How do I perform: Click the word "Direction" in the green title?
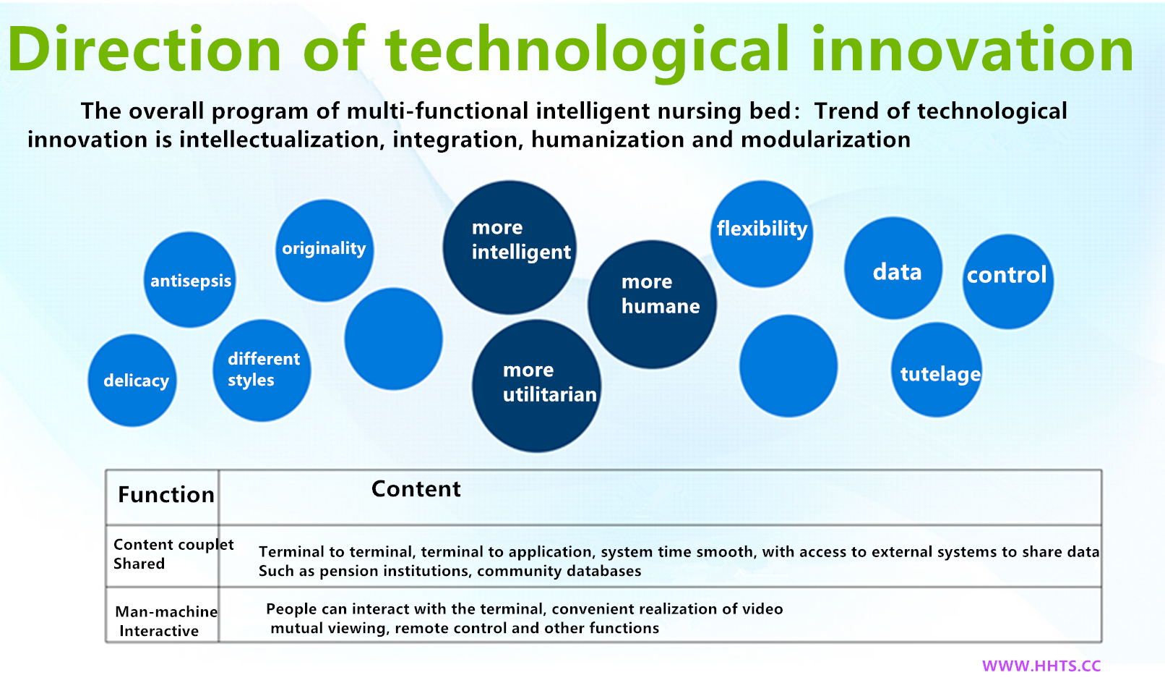(x=144, y=49)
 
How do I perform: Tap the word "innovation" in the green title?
(x=972, y=49)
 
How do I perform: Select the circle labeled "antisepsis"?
(x=190, y=280)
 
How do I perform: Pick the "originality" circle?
(x=324, y=250)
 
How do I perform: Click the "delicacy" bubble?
(x=133, y=381)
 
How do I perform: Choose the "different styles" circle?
(x=262, y=370)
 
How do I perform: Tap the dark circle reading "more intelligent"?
(x=510, y=247)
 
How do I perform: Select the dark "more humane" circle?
(x=652, y=305)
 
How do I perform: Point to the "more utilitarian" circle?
(x=537, y=386)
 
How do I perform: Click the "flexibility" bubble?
(x=762, y=234)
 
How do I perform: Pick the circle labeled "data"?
(x=893, y=268)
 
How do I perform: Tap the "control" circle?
(x=1008, y=281)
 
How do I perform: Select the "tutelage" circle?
(x=937, y=370)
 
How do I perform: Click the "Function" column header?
(x=166, y=495)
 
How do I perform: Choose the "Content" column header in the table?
(x=416, y=489)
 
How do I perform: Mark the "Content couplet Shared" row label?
(x=173, y=554)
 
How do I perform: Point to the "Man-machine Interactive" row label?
(x=166, y=621)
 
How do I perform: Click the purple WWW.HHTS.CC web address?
(x=1041, y=666)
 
